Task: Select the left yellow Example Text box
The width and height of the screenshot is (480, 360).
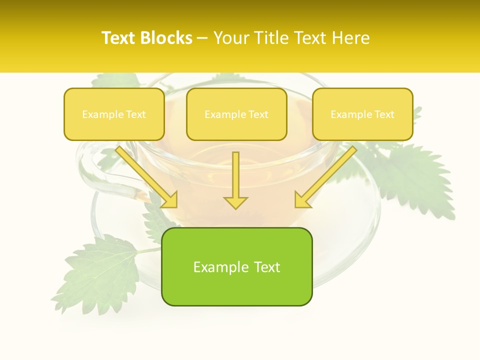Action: point(114,114)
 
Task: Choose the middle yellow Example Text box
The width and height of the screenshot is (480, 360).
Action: point(236,114)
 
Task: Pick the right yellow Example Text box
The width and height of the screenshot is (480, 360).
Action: point(362,114)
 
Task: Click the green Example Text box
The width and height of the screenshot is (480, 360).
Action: point(236,266)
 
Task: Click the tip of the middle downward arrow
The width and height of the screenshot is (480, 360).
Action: point(235,207)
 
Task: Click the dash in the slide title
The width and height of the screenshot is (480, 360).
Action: point(202,38)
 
